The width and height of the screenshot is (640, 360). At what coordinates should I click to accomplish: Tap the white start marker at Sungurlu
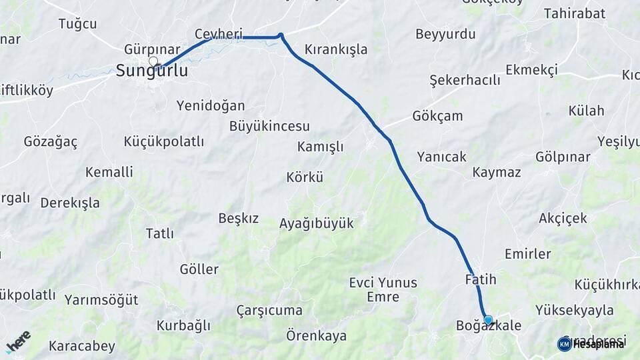[154, 62]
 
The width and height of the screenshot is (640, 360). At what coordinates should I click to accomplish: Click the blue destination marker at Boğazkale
[488, 320]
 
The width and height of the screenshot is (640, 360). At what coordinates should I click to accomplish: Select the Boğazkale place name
[488, 326]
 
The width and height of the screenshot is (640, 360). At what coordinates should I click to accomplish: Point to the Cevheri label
[218, 33]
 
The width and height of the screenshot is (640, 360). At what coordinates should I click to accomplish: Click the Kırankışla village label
[335, 49]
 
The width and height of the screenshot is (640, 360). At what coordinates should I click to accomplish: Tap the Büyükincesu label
[269, 126]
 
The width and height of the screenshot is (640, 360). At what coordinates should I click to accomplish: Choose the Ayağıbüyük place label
[316, 223]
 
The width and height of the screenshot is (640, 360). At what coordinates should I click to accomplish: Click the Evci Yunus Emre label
[383, 289]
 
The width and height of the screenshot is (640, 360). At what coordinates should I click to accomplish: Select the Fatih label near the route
[481, 279]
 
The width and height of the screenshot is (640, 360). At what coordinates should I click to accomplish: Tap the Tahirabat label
[574, 13]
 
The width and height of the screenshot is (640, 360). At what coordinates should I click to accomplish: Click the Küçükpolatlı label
[164, 141]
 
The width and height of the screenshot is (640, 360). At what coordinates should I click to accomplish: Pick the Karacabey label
[82, 347]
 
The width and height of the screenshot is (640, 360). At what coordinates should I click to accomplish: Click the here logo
[18, 341]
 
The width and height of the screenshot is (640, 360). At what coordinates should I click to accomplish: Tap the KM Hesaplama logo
[591, 343]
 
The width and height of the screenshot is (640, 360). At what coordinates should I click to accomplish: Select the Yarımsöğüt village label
[101, 300]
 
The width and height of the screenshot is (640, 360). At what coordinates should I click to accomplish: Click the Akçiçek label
[563, 218]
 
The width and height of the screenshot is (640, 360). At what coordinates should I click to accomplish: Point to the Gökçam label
[437, 115]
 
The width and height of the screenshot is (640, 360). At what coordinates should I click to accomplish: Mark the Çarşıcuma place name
[269, 311]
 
